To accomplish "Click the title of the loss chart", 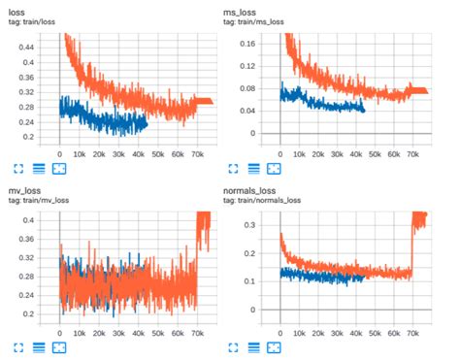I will point(18,10).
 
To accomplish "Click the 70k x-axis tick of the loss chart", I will point(198,153).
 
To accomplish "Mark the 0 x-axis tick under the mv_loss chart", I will point(60,328).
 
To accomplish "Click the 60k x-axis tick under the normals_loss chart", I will point(396,328).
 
